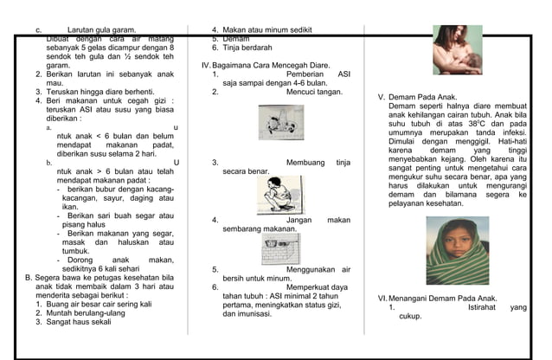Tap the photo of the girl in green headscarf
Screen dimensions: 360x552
[x=457, y=250]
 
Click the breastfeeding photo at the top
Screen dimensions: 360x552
[x=458, y=50]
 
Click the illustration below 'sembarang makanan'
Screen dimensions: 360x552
[x=280, y=249]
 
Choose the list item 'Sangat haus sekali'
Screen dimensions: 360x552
[x=79, y=322]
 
